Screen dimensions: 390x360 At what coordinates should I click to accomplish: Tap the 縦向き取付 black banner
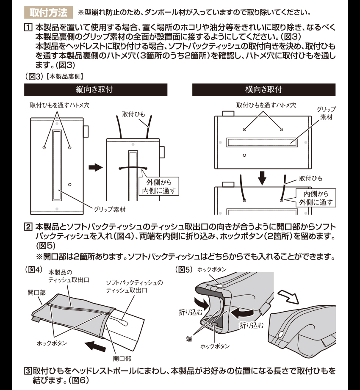tap(95, 90)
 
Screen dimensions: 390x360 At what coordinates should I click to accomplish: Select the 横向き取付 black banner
tap(263, 90)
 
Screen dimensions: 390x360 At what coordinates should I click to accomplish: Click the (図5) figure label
tap(183, 269)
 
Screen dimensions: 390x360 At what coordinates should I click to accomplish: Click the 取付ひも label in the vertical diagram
tap(134, 114)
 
